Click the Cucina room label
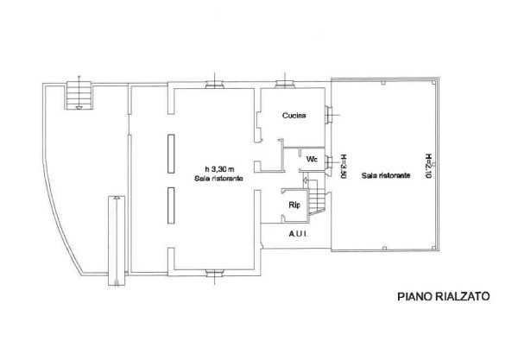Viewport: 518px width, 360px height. coord(294,116)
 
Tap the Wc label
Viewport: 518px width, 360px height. coord(312,159)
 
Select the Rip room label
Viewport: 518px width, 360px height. coord(294,205)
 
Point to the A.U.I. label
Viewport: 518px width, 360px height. coord(299,234)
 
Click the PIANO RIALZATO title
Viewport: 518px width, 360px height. coord(444,296)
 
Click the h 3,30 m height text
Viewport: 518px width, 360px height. coord(219,169)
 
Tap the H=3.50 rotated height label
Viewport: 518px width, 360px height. coord(344,167)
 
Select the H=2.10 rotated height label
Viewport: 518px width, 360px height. coord(428,166)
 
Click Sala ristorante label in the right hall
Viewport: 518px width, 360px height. coord(386,175)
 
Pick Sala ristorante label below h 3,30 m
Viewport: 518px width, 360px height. coord(218,179)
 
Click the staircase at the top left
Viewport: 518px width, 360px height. coord(79,96)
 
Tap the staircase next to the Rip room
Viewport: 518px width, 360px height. coord(315,197)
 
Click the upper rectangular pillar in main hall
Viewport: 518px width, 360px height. coord(171,154)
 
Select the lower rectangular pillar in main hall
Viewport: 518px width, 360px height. coord(171,205)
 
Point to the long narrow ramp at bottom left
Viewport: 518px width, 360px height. coord(117,241)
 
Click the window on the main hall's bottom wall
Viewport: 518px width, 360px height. coord(215,273)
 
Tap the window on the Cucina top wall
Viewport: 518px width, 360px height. coord(285,85)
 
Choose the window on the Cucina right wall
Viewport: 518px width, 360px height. coord(328,116)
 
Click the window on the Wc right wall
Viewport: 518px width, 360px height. coord(328,162)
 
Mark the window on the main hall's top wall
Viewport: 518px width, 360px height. coord(215,85)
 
